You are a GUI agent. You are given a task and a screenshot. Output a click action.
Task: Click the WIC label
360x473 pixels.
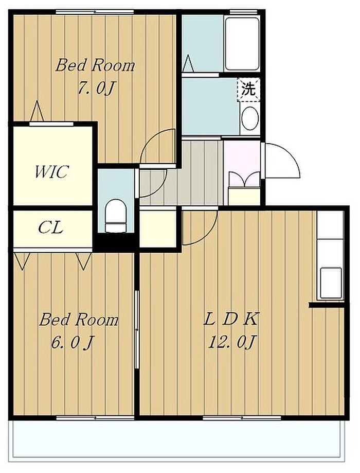point(51,171)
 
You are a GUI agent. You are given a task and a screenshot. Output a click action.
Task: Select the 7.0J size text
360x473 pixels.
point(96,88)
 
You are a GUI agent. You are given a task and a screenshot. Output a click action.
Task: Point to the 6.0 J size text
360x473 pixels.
point(72,343)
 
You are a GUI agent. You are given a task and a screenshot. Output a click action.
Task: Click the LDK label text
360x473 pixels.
point(230,319)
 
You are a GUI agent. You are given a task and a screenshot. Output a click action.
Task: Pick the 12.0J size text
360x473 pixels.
point(232,343)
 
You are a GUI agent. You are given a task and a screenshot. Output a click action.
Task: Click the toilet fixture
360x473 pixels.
point(116,215)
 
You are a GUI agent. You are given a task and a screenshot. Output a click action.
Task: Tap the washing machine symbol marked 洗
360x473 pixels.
point(248,90)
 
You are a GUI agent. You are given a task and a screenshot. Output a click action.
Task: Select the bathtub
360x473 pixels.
point(242,44)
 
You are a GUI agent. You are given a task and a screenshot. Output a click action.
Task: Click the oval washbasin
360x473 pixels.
point(249,118)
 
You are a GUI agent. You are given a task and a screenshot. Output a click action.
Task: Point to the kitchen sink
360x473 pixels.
point(331,283)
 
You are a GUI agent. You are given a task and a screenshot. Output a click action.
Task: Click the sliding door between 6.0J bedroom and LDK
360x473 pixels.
point(137,329)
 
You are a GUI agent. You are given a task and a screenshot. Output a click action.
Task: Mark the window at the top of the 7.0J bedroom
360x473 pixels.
point(95,12)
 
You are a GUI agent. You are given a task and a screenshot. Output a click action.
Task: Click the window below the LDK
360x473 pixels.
point(242,418)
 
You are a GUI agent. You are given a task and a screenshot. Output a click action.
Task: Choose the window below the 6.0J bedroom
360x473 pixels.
point(95,418)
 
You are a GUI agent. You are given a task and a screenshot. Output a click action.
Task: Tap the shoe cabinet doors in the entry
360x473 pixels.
point(244,179)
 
